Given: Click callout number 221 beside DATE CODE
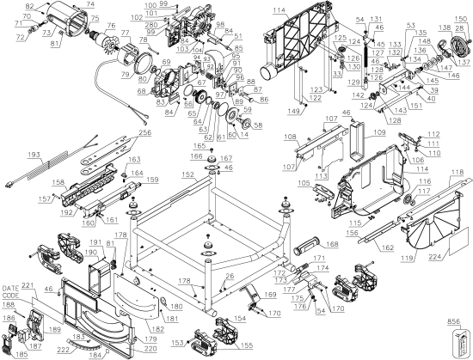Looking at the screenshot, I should point(28,286).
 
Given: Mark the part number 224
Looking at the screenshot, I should point(432,254).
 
